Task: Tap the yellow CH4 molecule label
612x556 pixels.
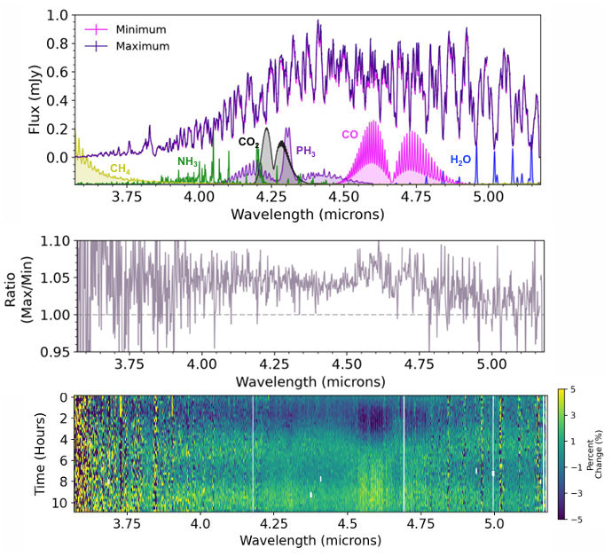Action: click(120, 169)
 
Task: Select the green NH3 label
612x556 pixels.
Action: click(188, 161)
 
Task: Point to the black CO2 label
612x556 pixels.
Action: click(249, 143)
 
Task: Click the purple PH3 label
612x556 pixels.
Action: click(306, 152)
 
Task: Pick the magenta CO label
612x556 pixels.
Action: click(349, 135)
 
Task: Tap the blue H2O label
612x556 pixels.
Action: click(460, 160)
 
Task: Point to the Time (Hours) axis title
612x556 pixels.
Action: click(40, 454)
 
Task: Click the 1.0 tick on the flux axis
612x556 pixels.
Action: click(58, 16)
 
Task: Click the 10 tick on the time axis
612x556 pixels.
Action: click(60, 502)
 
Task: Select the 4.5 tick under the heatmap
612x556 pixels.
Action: click(347, 523)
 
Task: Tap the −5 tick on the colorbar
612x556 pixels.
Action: click(573, 519)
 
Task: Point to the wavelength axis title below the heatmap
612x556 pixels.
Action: click(310, 541)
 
